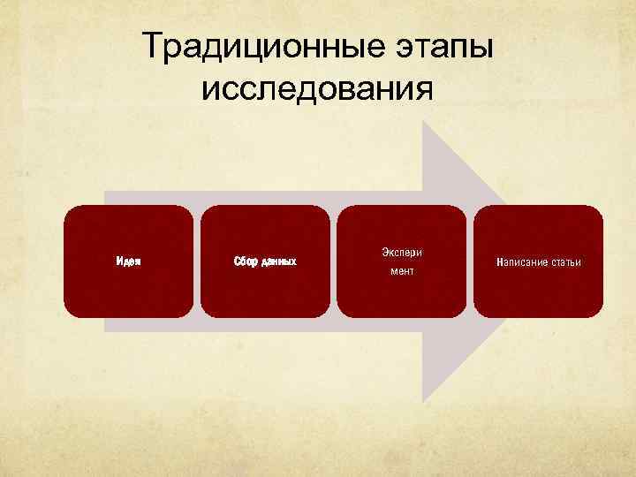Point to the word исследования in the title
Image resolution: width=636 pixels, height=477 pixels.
point(318,88)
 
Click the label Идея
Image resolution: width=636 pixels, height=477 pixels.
point(129,261)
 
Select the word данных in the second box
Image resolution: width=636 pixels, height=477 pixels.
point(277,262)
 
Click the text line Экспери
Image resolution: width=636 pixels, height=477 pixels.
point(402,252)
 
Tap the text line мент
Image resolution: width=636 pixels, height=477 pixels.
point(402,271)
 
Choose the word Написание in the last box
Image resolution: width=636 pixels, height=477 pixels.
point(524,262)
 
